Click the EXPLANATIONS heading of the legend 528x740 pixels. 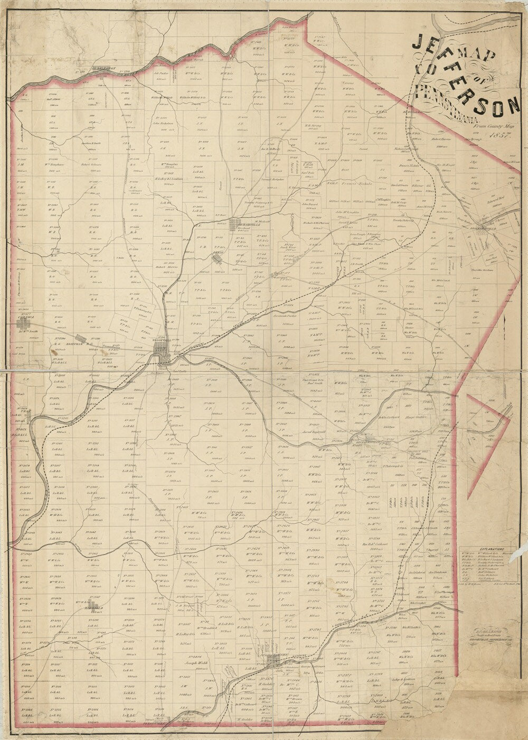(484, 550)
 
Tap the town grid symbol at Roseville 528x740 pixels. (80, 339)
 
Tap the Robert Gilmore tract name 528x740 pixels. (92, 164)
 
